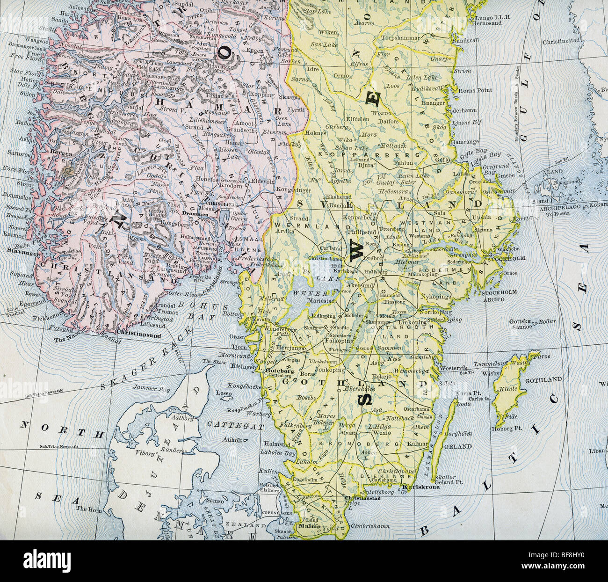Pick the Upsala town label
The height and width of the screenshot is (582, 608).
[482, 218]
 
